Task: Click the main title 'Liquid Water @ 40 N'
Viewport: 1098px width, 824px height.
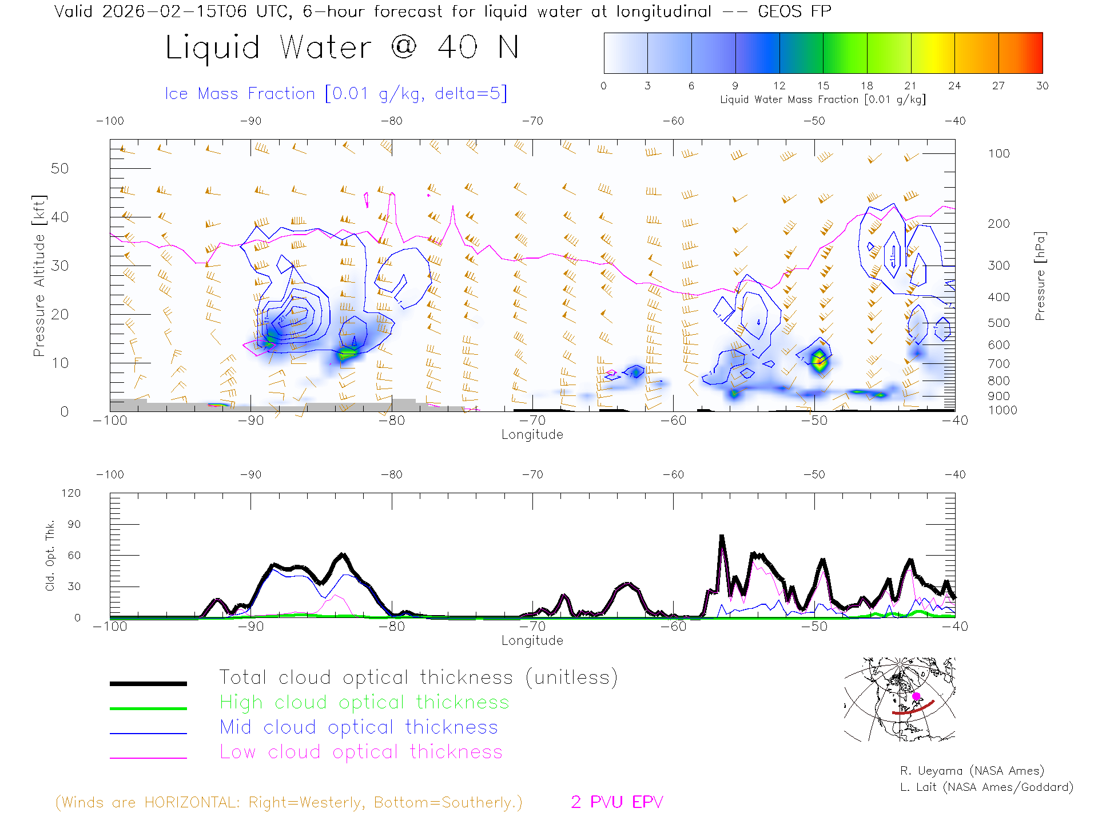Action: (342, 47)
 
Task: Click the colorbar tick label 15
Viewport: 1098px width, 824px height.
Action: (823, 86)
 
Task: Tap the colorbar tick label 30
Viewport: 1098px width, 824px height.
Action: (1042, 86)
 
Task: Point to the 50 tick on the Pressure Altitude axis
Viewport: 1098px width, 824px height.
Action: (59, 168)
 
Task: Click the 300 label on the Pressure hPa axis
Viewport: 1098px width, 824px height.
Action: (998, 266)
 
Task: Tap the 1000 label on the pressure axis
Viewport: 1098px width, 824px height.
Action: (1002, 410)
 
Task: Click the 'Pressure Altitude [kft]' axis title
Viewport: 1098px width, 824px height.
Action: (39, 276)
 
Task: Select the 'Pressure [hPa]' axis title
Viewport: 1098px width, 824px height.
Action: (1040, 276)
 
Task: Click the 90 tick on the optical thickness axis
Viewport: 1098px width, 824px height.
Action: (74, 524)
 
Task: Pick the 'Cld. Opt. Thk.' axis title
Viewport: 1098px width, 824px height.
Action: (50, 555)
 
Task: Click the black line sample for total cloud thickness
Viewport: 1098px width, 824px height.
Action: (148, 683)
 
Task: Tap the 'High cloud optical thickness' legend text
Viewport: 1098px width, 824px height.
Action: (364, 702)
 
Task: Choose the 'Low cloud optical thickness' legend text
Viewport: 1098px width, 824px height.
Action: (361, 752)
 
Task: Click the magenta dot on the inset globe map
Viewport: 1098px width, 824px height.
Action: (916, 696)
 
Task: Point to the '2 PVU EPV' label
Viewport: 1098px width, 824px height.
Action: (616, 802)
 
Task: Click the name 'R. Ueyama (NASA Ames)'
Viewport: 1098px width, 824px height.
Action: (972, 771)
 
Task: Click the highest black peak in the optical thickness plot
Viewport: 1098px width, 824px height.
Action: (722, 537)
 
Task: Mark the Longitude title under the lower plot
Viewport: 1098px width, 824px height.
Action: (532, 640)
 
